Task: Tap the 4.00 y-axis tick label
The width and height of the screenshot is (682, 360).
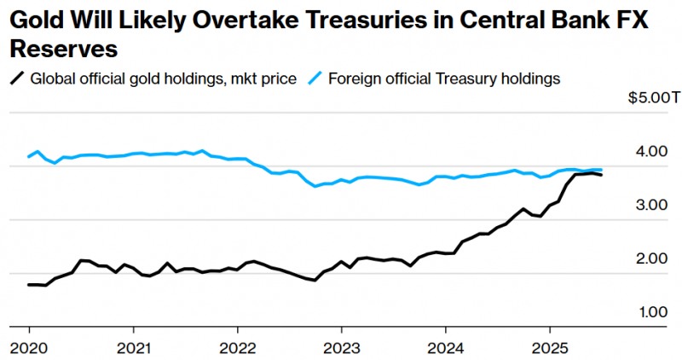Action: click(651, 152)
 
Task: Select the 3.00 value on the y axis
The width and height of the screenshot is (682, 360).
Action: click(651, 206)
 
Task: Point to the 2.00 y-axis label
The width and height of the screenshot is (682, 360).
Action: click(651, 259)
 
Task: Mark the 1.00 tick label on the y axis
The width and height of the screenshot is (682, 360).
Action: click(651, 312)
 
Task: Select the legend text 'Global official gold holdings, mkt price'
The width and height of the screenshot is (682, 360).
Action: click(163, 78)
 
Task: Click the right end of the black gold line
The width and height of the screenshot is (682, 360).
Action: click(602, 175)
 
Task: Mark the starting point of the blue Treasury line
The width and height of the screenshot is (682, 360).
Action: click(28, 157)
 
